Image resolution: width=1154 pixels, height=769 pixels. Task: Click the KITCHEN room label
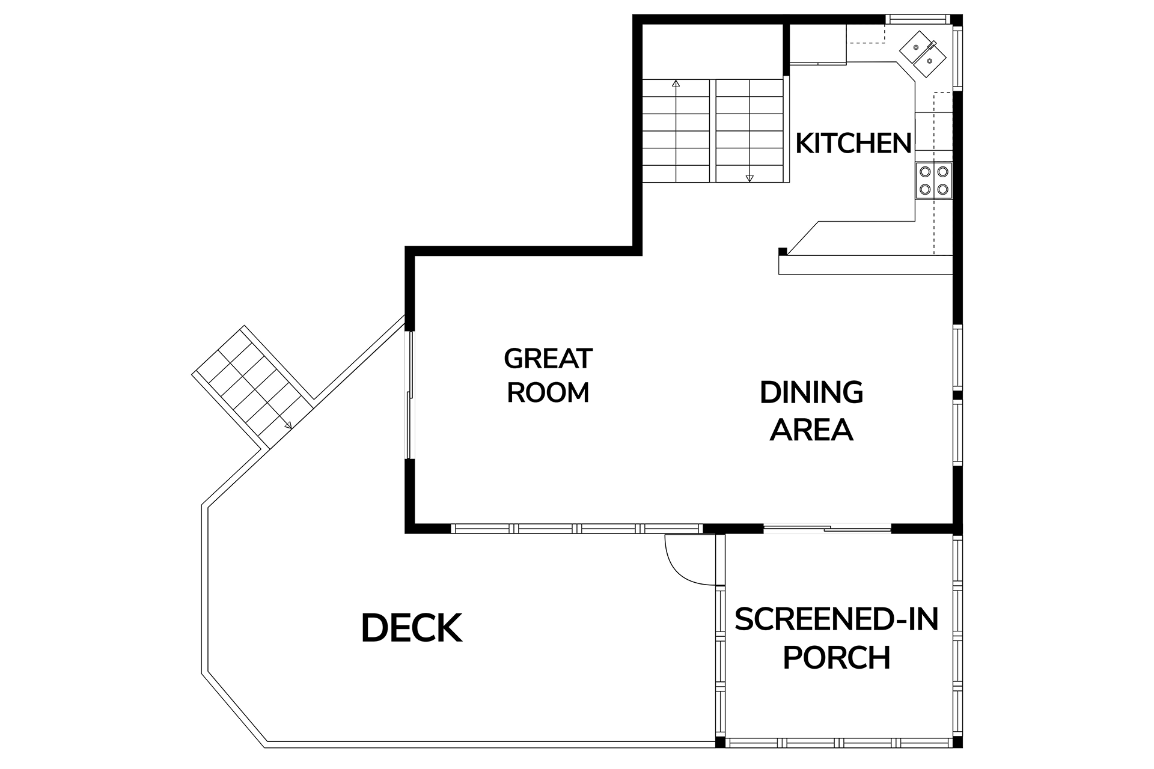pos(853,144)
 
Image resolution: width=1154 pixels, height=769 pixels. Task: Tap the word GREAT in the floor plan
pos(548,359)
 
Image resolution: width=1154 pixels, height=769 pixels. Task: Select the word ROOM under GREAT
pos(548,393)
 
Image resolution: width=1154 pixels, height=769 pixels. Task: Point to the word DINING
pos(811,393)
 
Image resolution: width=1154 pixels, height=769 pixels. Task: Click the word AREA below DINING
pos(811,430)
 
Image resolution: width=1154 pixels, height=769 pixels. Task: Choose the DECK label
pos(412,628)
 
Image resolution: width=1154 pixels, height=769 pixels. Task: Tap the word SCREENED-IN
pos(837,619)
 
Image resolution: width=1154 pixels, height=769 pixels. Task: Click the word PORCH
pos(837,657)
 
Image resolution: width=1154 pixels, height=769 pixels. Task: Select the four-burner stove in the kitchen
pos(934,180)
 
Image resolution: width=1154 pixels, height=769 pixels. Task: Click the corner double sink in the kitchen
pos(923,53)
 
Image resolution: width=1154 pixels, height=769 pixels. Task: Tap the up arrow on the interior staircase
pos(676,84)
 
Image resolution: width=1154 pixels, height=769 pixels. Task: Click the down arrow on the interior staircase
pos(749,178)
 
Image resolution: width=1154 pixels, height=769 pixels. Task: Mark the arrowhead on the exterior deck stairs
pos(288,425)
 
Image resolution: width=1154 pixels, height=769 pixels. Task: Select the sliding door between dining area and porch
pos(827,529)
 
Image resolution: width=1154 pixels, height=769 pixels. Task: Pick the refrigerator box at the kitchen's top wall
pos(817,44)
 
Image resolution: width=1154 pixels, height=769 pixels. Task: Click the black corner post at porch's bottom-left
pos(721,743)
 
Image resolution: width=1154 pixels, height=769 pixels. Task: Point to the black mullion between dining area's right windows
pos(957,395)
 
